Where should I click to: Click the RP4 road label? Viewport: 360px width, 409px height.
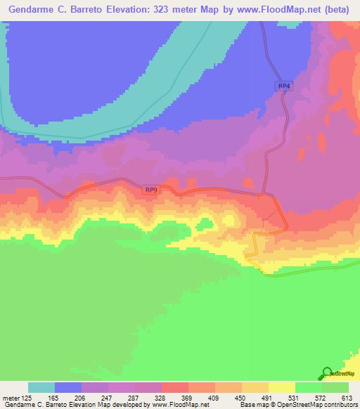point(283,86)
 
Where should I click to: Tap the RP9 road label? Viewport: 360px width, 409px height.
point(151,190)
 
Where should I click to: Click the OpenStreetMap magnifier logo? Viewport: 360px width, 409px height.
point(327,373)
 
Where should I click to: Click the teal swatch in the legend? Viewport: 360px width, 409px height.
point(41,387)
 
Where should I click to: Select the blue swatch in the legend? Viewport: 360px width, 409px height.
point(68,387)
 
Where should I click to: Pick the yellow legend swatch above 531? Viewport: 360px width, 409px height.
point(282,387)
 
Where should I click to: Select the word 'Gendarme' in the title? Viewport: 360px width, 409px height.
point(34,9)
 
